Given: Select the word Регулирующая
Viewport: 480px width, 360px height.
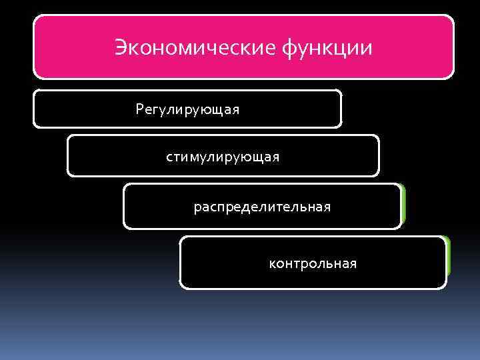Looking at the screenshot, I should pos(187,109).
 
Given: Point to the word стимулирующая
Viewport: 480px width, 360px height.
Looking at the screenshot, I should pos(223,157).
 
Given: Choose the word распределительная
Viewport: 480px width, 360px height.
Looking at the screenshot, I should pos(262,207).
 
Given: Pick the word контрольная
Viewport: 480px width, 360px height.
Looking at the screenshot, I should pos(313,264).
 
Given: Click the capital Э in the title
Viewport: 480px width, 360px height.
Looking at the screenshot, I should pos(121,48).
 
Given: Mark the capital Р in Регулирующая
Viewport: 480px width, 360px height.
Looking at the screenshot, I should pos(139,108).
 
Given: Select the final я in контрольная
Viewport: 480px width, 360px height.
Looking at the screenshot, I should pos(352,264).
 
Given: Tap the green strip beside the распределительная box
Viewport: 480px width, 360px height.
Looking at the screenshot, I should pos(403,204).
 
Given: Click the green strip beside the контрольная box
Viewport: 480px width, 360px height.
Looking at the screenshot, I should pos(449,257).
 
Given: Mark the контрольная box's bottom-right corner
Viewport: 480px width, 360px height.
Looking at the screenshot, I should pos(445,287).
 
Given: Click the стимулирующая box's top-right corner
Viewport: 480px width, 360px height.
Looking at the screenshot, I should pos(377,137).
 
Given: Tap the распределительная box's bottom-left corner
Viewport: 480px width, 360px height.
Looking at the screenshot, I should pos(125,227).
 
